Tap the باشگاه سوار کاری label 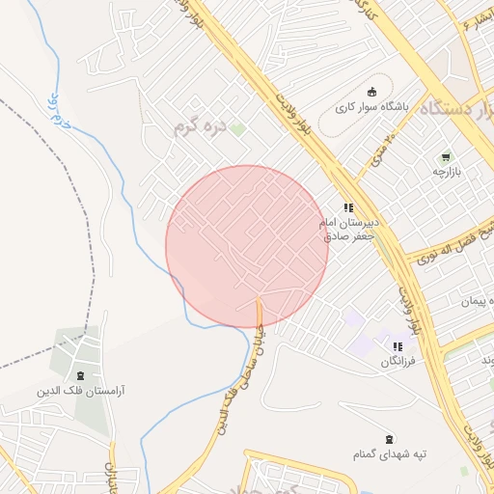pos(370,107)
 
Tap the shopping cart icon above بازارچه pos(446,156)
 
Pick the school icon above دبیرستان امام pos(348,207)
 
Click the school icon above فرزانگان pos(397,346)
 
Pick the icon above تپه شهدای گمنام pos(389,439)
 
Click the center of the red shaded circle pos(247,247)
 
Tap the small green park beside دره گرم pos(236,128)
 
